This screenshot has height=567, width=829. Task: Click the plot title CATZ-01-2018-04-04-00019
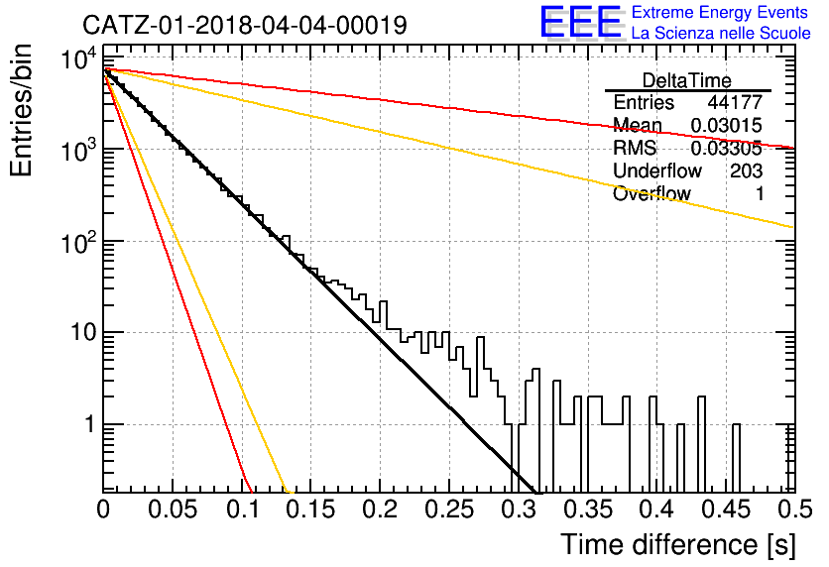pyautogui.click(x=245, y=25)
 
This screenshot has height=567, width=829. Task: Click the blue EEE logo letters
pyautogui.click(x=581, y=22)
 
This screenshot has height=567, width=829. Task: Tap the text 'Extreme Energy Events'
pyautogui.click(x=720, y=12)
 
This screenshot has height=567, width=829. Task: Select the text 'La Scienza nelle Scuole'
pyautogui.click(x=721, y=34)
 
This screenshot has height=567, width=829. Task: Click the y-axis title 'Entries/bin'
pyautogui.click(x=21, y=110)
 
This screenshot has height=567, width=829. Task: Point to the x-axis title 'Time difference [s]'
pyautogui.click(x=678, y=545)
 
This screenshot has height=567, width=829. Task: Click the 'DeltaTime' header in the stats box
pyautogui.click(x=686, y=80)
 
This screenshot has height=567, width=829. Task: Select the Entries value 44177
pyautogui.click(x=735, y=102)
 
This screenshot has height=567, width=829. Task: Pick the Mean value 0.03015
pyautogui.click(x=727, y=125)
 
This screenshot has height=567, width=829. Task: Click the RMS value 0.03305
pyautogui.click(x=727, y=148)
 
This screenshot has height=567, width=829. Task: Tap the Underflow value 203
pyautogui.click(x=746, y=170)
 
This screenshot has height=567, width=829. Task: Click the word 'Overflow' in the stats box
pyautogui.click(x=651, y=193)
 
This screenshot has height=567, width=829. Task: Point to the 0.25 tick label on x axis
pyautogui.click(x=449, y=510)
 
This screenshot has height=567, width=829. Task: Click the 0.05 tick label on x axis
pyautogui.click(x=173, y=510)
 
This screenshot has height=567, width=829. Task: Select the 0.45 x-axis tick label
pyautogui.click(x=727, y=510)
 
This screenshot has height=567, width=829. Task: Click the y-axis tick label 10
pyautogui.click(x=83, y=333)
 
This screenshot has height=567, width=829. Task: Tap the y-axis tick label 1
pyautogui.click(x=90, y=424)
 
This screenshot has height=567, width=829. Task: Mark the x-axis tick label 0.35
pyautogui.click(x=588, y=510)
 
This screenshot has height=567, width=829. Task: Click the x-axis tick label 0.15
pyautogui.click(x=311, y=510)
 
